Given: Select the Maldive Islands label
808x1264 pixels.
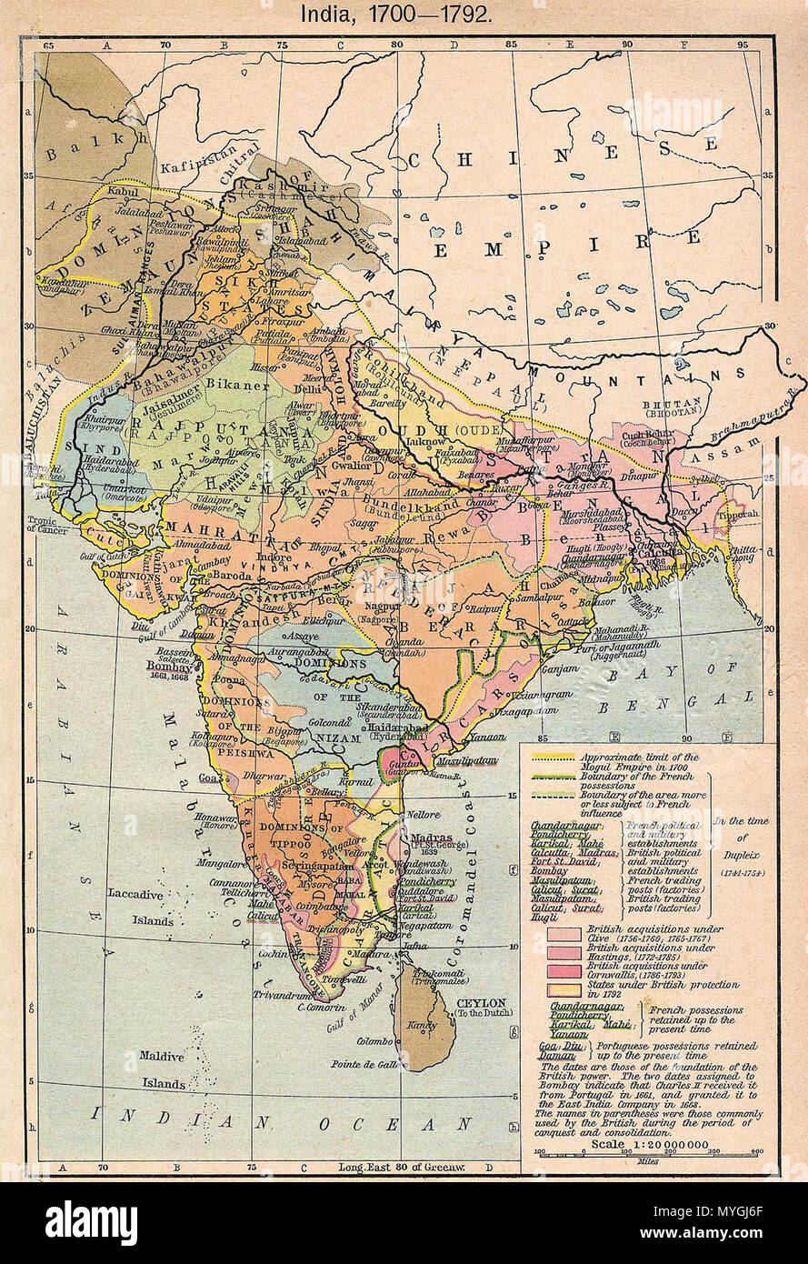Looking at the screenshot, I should [x=162, y=1069].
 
